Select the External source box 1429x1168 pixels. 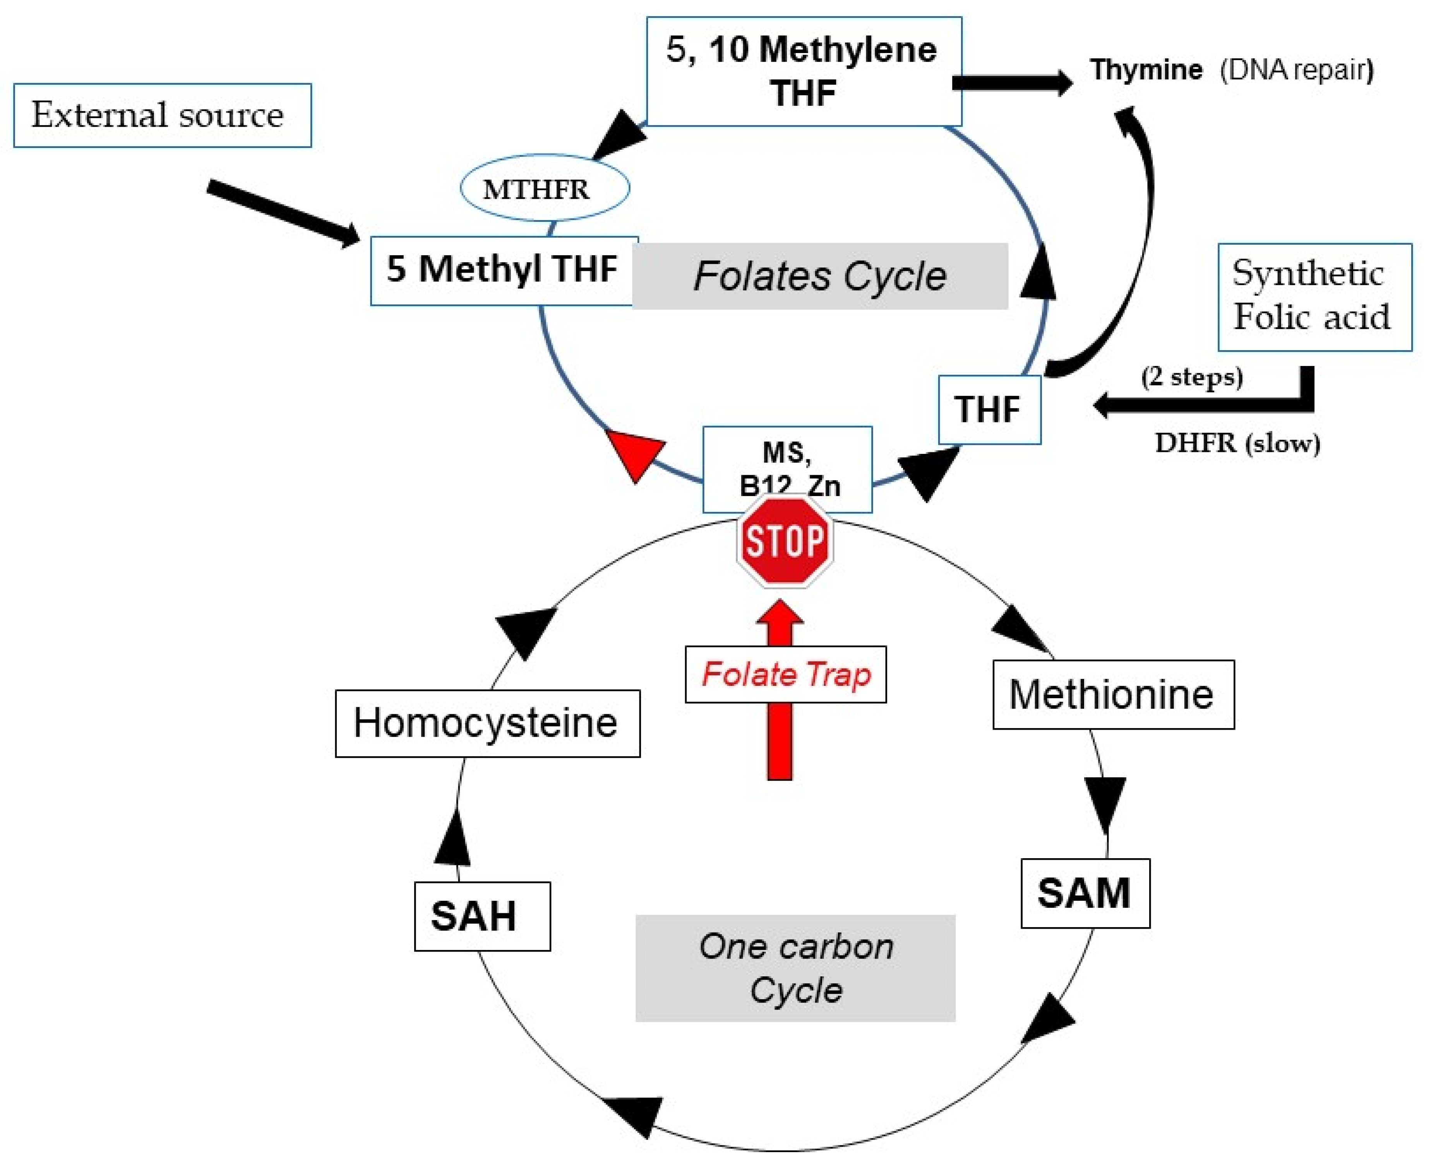click(x=162, y=115)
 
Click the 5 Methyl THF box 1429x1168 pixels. click(x=503, y=270)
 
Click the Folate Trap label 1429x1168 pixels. click(x=785, y=674)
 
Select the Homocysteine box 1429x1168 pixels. click(x=487, y=723)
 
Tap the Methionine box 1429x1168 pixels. click(x=1113, y=694)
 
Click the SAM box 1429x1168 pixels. click(x=1085, y=893)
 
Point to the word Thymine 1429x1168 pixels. click(x=1146, y=69)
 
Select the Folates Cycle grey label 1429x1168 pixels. click(x=820, y=276)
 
